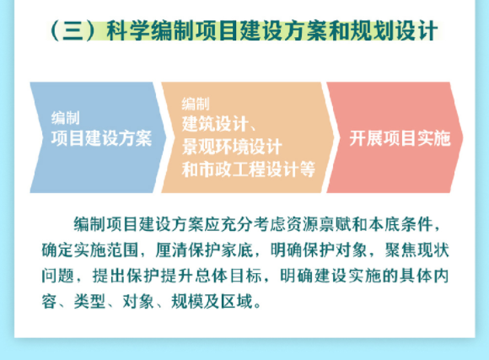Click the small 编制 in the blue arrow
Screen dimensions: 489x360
click(x=66, y=118)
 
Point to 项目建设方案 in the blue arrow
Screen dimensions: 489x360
click(x=102, y=138)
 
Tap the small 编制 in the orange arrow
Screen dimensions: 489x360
click(x=196, y=104)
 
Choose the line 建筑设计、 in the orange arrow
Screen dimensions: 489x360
click(x=219, y=124)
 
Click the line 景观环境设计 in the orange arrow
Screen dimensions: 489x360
click(x=232, y=147)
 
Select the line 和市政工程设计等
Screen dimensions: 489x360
click(x=249, y=169)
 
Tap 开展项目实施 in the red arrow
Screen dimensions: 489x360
click(x=400, y=138)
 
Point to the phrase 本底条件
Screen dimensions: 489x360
click(x=400, y=224)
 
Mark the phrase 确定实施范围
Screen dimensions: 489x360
click(x=90, y=250)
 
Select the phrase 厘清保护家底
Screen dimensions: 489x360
click(x=204, y=250)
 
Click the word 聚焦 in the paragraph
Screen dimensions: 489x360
click(x=400, y=250)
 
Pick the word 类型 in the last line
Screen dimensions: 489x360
click(x=89, y=302)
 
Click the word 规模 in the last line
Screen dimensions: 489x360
click(x=187, y=302)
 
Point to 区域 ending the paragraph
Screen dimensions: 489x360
click(x=236, y=302)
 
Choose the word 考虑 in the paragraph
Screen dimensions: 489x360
click(x=270, y=224)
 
